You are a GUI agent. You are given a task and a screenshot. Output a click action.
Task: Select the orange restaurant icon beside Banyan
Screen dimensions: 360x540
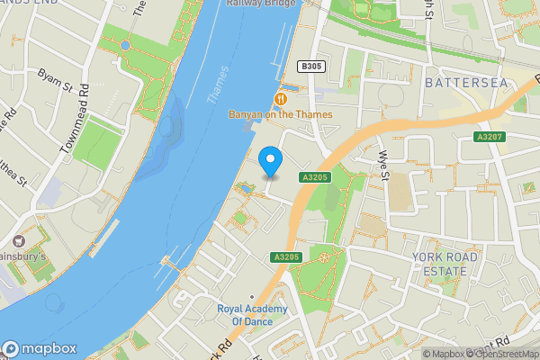[x=281, y=98]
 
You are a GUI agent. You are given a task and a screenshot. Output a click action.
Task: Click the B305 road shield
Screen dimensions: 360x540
[x=311, y=67]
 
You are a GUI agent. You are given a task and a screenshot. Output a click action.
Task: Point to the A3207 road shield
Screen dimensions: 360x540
[x=488, y=136]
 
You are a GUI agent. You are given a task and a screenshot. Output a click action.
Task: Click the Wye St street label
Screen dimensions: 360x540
[x=382, y=166]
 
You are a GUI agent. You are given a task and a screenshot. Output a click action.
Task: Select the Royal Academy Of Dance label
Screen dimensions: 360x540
[x=252, y=315]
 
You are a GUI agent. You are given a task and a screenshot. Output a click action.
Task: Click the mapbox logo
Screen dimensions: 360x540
[x=40, y=349]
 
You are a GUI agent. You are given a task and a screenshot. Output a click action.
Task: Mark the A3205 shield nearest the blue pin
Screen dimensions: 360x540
[x=318, y=178]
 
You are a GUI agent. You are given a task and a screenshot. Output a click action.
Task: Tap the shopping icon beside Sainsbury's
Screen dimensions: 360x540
[x=18, y=241]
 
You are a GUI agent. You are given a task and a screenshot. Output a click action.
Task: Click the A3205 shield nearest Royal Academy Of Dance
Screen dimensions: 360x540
[x=284, y=257]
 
